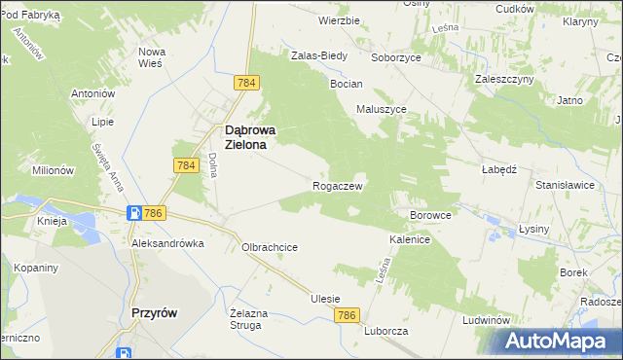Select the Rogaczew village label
pos(337,185)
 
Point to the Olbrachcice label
pos(269,247)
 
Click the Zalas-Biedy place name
pos(319,55)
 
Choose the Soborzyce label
pos(394,56)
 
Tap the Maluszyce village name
pos(382,109)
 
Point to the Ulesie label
pos(325,299)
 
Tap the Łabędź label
pos(497,167)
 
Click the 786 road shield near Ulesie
pos(348,316)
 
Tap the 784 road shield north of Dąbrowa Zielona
pos(246,84)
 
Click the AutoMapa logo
pos(562,341)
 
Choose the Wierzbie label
pos(340,19)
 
